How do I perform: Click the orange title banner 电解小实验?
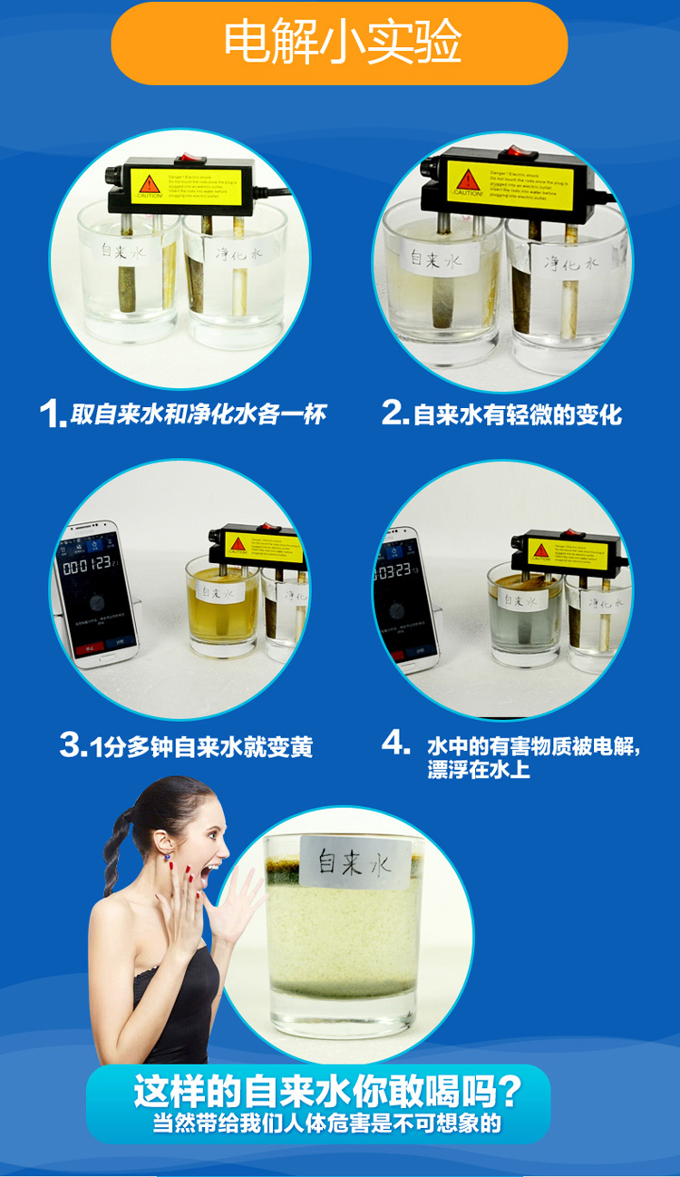click(x=339, y=43)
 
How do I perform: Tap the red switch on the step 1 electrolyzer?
click(x=189, y=161)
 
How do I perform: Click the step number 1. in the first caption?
click(x=53, y=414)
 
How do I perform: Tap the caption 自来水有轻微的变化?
click(x=517, y=414)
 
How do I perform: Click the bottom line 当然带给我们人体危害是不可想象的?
click(x=326, y=1123)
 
